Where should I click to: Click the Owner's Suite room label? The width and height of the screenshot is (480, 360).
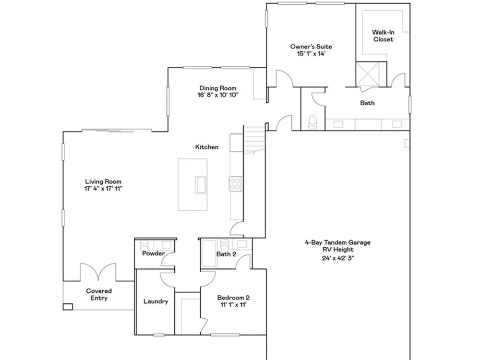coord(311,47)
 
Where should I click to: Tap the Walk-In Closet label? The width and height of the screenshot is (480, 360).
coord(383,36)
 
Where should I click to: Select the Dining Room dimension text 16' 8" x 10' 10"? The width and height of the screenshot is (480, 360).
coord(217,95)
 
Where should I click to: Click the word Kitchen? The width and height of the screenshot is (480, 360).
coord(207,147)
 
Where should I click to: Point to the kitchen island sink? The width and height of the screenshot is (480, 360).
coord(201,185)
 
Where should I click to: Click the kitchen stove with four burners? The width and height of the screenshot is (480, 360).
coord(235,184)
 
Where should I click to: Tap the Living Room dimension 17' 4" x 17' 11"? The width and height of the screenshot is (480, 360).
coord(103,189)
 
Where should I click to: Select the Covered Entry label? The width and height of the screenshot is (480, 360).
coord(99,295)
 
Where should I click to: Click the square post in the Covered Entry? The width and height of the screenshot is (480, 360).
coord(68,306)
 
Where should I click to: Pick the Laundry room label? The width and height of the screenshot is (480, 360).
coord(156,301)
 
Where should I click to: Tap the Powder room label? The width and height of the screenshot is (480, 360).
coord(154,253)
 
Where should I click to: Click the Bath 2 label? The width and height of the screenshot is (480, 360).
coord(226,254)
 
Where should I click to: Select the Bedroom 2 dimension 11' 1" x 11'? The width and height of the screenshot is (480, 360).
coord(233,305)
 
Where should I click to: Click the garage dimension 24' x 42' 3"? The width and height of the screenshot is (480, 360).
coord(338,258)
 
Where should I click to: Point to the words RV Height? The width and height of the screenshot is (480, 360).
coord(338,250)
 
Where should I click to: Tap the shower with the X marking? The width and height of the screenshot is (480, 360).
coord(368,74)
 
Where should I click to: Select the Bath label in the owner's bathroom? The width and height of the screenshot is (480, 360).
coord(367,103)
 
